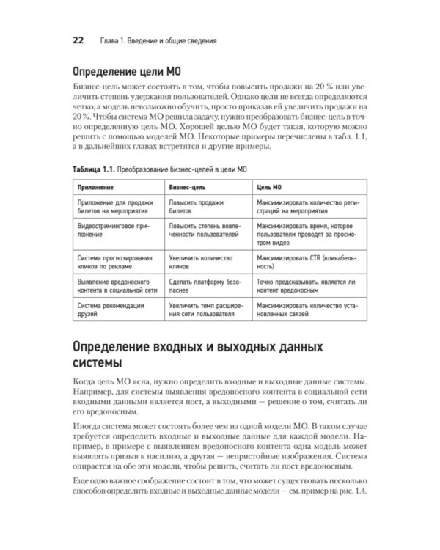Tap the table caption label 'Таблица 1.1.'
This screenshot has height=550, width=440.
pos(94,168)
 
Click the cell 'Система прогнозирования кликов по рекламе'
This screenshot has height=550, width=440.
pos(113,263)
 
